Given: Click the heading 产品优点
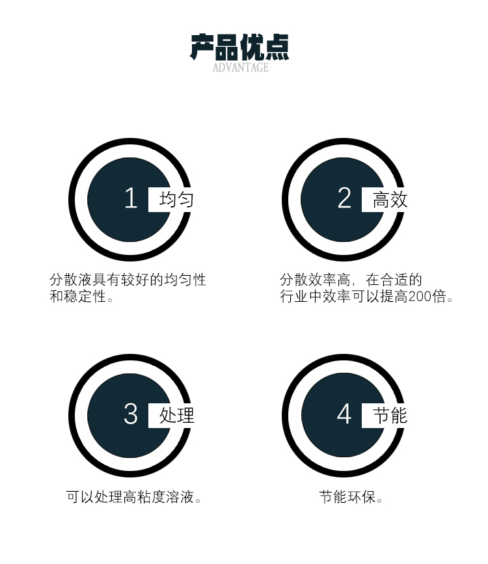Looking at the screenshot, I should click(x=239, y=47).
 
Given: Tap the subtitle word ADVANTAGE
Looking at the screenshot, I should click(x=240, y=67).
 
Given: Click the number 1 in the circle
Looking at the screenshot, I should click(x=131, y=198).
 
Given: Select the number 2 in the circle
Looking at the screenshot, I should click(x=344, y=198).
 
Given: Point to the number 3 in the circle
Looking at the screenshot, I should click(x=131, y=414).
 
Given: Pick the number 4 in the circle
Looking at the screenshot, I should click(x=344, y=414).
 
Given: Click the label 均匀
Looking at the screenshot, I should click(x=176, y=199).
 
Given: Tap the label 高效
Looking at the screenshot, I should click(x=390, y=199).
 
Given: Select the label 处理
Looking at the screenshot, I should click(x=176, y=415).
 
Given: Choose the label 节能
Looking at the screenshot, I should click(x=390, y=415).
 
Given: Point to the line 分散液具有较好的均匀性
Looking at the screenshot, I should click(x=128, y=280).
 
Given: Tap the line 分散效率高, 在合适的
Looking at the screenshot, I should click(x=351, y=280).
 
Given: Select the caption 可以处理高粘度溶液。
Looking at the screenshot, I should click(x=134, y=498).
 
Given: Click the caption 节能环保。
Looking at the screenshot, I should click(x=351, y=498).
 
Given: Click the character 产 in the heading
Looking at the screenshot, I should click(x=202, y=47).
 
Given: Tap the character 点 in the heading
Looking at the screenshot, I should click(x=277, y=47).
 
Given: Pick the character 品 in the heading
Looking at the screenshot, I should click(x=227, y=47).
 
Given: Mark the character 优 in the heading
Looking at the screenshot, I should click(x=252, y=47).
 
